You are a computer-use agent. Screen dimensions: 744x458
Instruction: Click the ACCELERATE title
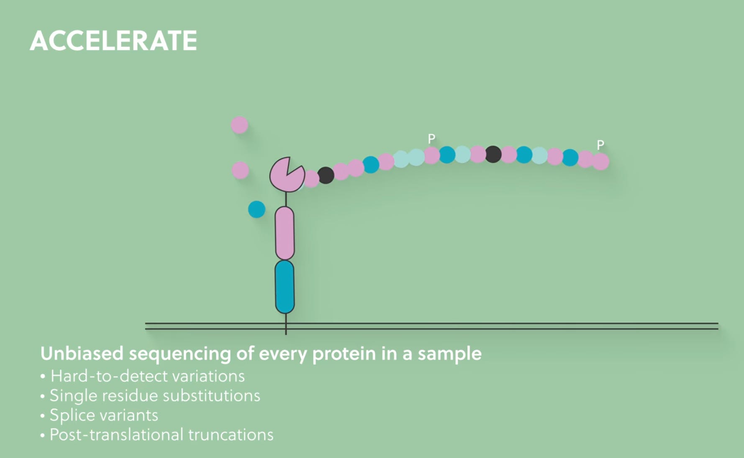coord(113,41)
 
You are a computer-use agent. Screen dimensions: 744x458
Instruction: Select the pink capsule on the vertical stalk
coord(285,233)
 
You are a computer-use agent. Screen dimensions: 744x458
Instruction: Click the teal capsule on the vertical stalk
coord(285,287)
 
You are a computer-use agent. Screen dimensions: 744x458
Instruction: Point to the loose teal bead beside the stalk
coord(257,209)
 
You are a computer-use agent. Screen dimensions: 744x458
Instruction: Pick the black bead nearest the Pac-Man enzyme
coord(326,175)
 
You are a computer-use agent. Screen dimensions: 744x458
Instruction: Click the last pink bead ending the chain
coord(600,161)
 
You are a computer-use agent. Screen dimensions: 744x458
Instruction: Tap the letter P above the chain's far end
coord(600,145)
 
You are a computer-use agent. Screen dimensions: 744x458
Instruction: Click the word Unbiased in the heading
coord(82,354)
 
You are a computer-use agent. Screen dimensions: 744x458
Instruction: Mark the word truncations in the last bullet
coord(231,435)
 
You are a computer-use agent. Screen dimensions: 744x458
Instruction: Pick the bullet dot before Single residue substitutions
coord(43,396)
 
